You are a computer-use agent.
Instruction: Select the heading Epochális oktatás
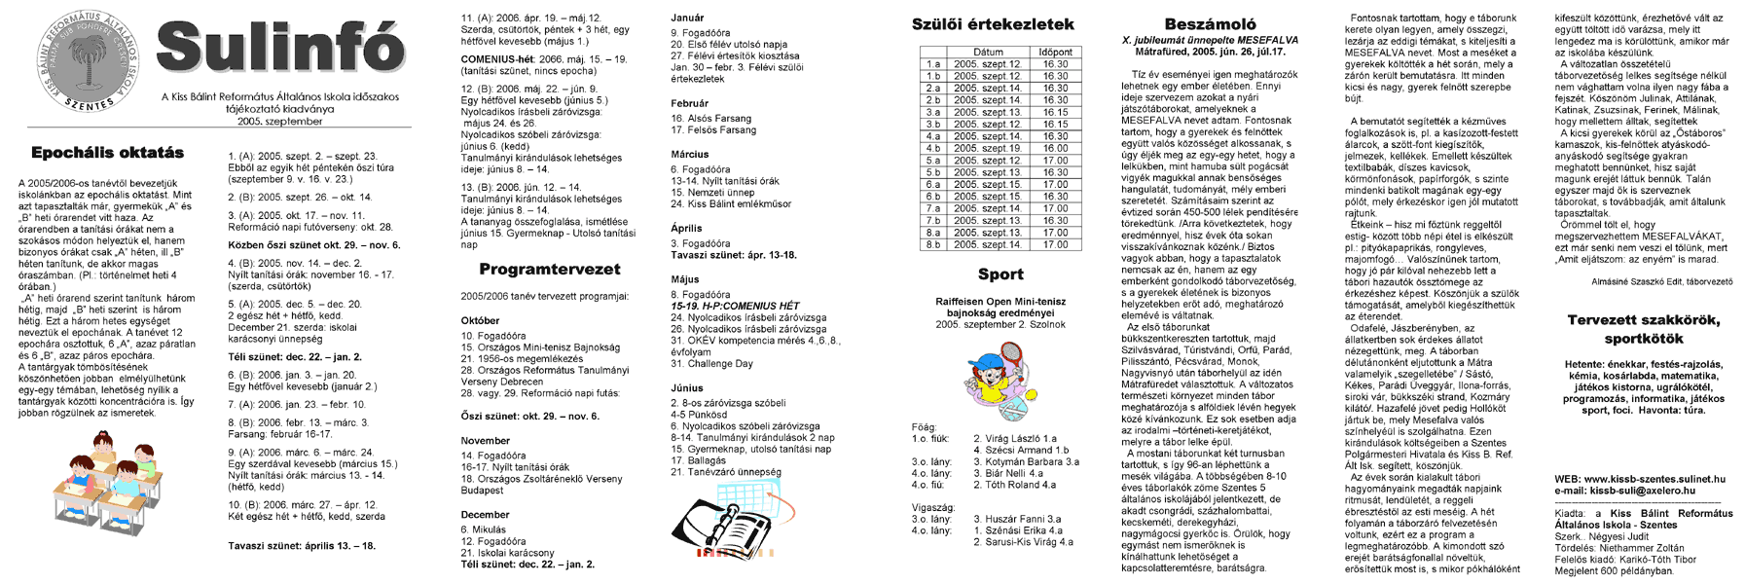[107, 153]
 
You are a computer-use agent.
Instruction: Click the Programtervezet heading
[549, 270]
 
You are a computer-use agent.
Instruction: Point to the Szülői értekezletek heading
[993, 24]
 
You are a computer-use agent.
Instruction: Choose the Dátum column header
[987, 52]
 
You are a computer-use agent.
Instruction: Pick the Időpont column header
[1055, 52]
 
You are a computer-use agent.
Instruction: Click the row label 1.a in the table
[932, 64]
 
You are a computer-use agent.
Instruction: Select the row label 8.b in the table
[932, 244]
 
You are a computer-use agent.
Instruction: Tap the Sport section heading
[1000, 274]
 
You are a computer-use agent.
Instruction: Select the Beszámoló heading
[1210, 24]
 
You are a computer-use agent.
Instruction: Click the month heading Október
[480, 320]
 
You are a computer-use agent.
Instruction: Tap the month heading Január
[687, 18]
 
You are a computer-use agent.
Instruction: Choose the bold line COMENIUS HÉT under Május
[735, 306]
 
